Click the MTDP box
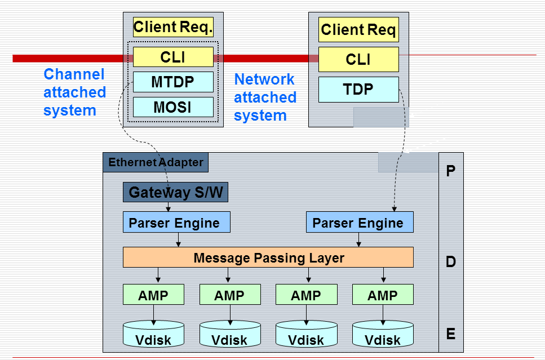pos(173,82)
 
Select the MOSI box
pos(173,107)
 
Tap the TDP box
pos(358,90)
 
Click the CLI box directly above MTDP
pos(173,57)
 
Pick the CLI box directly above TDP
pos(358,59)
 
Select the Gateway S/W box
pos(175,193)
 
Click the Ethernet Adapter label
pos(156,163)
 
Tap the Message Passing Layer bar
pos(268,257)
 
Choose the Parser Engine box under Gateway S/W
pos(176,223)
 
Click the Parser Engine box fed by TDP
pos(360,223)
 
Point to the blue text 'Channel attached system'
pos(74,92)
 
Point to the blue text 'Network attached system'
pos(265,97)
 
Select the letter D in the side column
pos(450,261)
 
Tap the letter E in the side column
pos(450,334)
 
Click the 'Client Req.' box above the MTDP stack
pos(173,26)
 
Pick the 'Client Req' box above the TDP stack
pos(358,29)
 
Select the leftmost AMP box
pos(153,295)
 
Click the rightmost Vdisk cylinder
pos(383,334)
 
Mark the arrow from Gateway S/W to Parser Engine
pos(168,207)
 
